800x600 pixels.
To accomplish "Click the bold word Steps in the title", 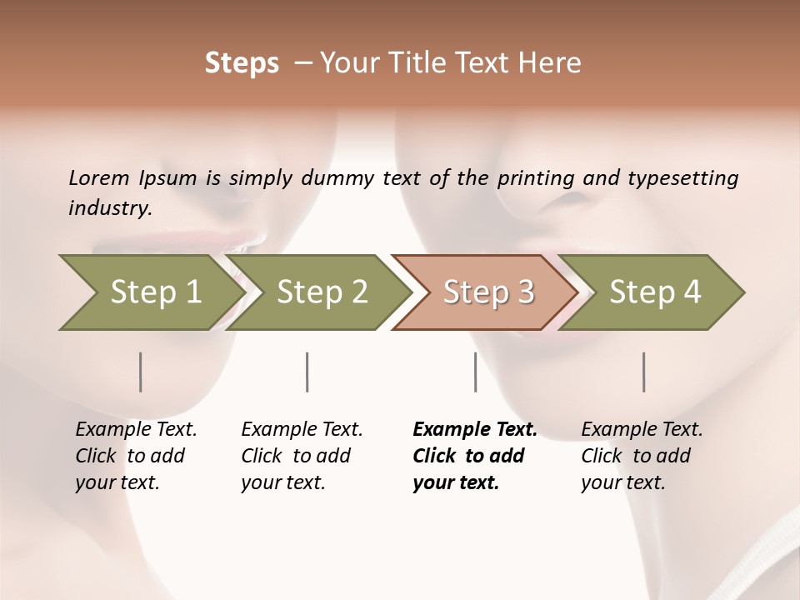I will (x=242, y=62).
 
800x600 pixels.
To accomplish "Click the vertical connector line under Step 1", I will (x=141, y=372).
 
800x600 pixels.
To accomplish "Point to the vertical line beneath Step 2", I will (x=307, y=372).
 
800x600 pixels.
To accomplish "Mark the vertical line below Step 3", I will (x=475, y=372).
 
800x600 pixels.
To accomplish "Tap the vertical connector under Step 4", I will (x=644, y=372).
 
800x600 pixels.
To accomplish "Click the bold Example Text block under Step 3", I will (x=474, y=456).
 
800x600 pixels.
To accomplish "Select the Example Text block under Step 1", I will (x=136, y=456).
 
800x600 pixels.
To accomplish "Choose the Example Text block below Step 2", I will (x=302, y=456).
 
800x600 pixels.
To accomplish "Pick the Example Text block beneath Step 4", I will (x=642, y=456).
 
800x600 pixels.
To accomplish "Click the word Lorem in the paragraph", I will (x=99, y=177).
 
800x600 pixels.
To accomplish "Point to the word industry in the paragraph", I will (x=109, y=207).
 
